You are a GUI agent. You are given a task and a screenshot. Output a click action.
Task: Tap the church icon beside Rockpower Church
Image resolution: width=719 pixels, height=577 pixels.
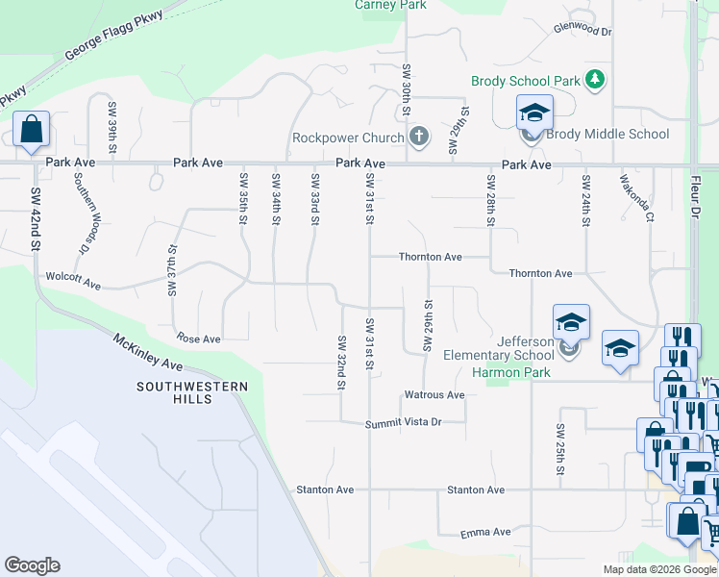(418, 137)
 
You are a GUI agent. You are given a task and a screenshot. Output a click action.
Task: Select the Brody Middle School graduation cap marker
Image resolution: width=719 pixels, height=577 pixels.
(533, 113)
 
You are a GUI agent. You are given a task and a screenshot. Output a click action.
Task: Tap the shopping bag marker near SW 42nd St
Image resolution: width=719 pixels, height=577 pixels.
(31, 130)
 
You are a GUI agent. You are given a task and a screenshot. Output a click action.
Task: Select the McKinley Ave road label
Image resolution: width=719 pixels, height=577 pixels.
(147, 352)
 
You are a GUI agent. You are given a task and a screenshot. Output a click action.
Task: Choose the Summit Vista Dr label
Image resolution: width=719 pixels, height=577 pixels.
(403, 422)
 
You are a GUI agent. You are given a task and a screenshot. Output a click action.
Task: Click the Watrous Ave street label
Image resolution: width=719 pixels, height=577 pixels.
(434, 394)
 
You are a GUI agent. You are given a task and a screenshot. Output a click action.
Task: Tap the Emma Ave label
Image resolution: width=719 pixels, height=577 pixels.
(485, 532)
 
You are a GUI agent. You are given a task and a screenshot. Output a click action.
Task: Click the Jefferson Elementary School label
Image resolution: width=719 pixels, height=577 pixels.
(499, 348)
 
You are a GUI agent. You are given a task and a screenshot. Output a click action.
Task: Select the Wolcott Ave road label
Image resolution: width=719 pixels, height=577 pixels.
(73, 284)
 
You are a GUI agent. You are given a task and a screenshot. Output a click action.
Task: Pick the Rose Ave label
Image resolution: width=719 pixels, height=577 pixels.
(199, 339)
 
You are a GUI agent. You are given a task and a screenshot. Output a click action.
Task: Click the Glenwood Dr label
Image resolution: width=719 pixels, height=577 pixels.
(583, 31)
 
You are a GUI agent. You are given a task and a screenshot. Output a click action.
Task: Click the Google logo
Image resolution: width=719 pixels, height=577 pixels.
(32, 565)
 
